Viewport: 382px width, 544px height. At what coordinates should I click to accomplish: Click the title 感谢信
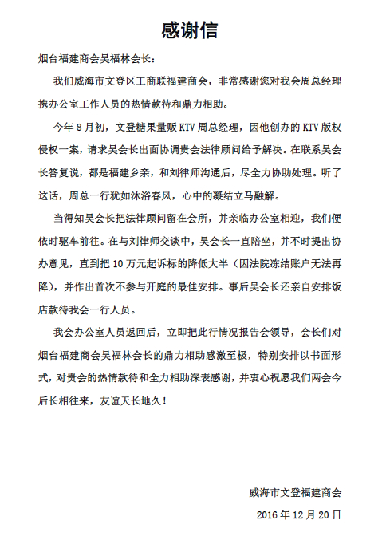[189, 30]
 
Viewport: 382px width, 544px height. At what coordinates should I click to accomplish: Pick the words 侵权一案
[60, 147]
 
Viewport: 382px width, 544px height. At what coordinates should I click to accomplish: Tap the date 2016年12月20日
[298, 515]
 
